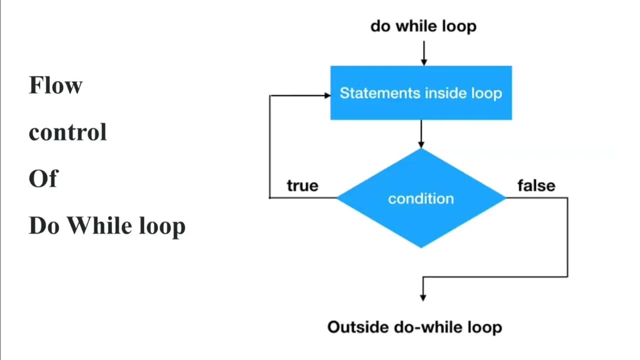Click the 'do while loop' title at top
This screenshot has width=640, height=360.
[x=423, y=26]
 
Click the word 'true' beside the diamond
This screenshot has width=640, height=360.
[x=302, y=185]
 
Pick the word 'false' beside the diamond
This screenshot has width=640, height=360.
[x=536, y=185]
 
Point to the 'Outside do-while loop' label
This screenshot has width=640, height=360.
[x=414, y=327]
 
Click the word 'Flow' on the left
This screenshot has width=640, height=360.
[x=55, y=85]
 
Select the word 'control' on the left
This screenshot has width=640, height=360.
[x=67, y=132]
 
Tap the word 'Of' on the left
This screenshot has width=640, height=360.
[x=43, y=179]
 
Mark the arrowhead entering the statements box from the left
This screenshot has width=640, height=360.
[x=327, y=95]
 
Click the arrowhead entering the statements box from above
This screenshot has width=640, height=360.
[x=423, y=62]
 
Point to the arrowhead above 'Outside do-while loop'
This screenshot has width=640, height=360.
[x=423, y=297]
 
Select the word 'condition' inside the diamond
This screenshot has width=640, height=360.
[x=421, y=198]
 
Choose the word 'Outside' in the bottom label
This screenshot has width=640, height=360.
[x=358, y=327]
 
